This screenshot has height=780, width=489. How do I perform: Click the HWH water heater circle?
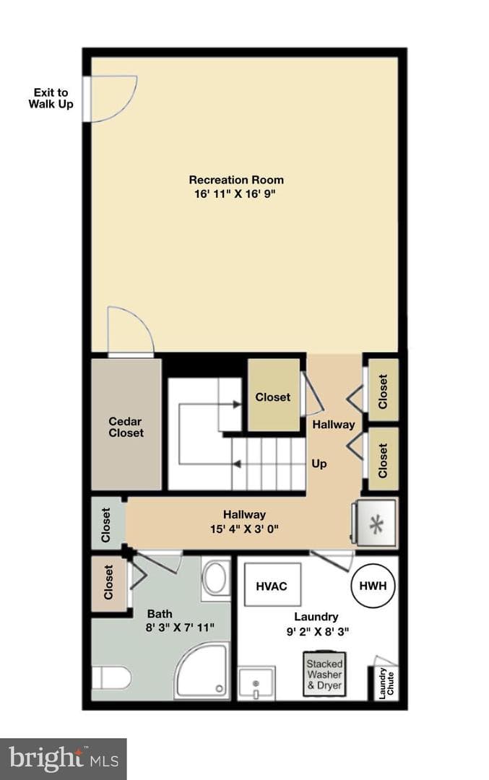[x=373, y=586]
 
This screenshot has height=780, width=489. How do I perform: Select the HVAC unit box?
[x=272, y=586]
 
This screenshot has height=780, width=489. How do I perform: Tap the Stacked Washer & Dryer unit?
[x=324, y=674]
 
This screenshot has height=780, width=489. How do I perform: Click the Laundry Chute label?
[x=386, y=682]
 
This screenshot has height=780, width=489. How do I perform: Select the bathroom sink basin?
[x=216, y=578]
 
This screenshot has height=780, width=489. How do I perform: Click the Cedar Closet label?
[x=126, y=428]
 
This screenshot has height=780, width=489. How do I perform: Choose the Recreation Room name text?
[x=236, y=180]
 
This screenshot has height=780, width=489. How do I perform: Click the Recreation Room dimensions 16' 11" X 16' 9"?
[x=235, y=194]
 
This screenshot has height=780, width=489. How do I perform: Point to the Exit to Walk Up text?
[x=51, y=98]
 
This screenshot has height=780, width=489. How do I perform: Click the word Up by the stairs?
[x=319, y=464]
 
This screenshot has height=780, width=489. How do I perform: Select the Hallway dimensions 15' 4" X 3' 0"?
[x=244, y=529]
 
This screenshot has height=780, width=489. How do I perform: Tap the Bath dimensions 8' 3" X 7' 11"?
[x=180, y=628]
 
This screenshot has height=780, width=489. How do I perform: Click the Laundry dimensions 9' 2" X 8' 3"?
[x=317, y=632]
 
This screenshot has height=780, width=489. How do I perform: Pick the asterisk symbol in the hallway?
[x=376, y=525]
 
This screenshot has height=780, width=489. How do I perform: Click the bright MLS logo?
[x=64, y=758]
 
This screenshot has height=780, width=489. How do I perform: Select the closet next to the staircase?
[x=273, y=396]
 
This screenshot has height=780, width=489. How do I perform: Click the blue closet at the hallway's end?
[x=107, y=524]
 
